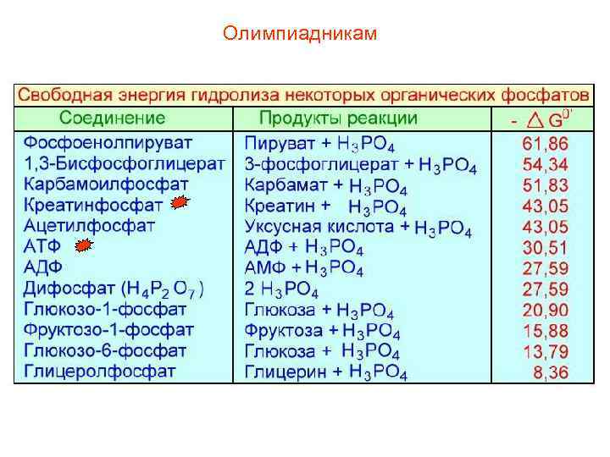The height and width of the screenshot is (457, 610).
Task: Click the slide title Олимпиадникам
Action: tap(300, 34)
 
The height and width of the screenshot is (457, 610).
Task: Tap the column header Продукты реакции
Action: tap(338, 118)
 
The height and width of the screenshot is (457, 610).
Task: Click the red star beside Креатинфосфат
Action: tap(179, 203)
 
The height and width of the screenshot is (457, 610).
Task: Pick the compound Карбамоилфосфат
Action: tap(106, 184)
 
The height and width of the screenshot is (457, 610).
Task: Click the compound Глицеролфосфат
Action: tap(100, 370)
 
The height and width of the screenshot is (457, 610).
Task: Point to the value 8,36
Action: tap(551, 372)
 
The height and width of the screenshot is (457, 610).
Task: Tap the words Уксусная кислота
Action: tap(319, 226)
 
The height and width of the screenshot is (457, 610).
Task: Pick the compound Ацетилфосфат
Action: tap(90, 225)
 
